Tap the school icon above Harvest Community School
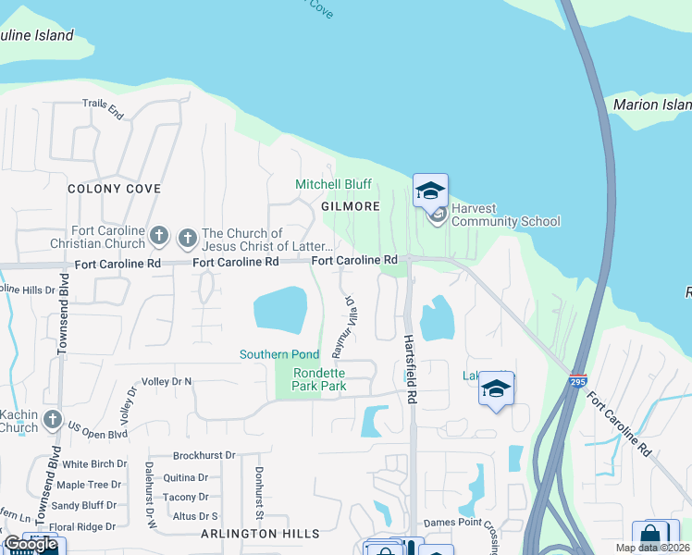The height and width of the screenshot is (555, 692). (430, 191)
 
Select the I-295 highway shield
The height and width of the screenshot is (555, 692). (578, 380)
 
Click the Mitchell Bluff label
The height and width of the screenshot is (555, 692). (332, 185)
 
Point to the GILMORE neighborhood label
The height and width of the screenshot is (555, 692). (351, 206)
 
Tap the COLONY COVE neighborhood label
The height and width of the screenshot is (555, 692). (114, 189)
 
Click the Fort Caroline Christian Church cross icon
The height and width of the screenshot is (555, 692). (159, 237)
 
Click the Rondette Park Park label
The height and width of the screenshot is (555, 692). (319, 379)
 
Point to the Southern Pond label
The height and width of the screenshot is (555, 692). (279, 354)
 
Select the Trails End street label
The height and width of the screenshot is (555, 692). (103, 109)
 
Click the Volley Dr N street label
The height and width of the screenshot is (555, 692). (167, 381)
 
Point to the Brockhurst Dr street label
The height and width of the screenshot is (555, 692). (204, 456)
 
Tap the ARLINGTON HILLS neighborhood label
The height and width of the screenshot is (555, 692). (260, 534)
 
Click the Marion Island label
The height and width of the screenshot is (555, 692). (651, 105)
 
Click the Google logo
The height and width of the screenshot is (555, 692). (31, 544)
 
